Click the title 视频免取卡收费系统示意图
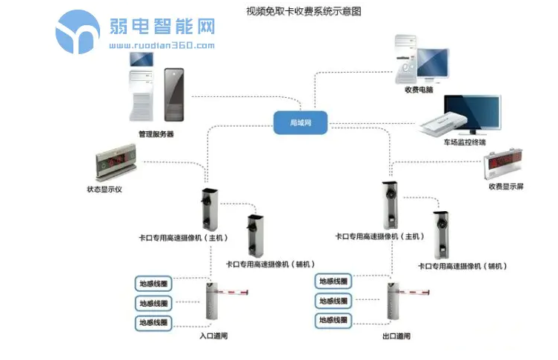click(305, 12)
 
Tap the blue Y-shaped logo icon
click(77, 32)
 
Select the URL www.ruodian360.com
click(162, 45)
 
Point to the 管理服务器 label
click(156, 135)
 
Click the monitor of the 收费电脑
click(428, 64)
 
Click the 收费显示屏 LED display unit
click(507, 167)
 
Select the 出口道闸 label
click(396, 336)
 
